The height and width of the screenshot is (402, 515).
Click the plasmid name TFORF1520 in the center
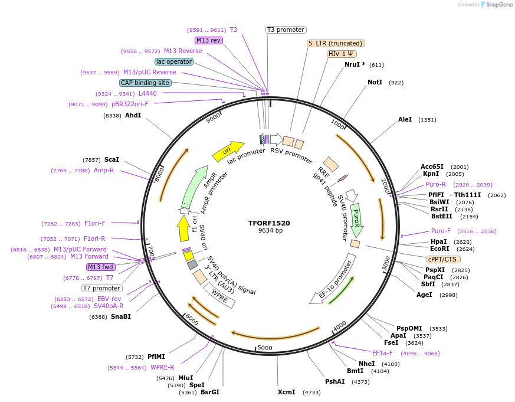pyautogui.click(x=269, y=223)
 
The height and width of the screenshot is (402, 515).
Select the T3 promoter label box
pyautogui.click(x=286, y=30)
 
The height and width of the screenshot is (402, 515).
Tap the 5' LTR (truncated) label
pyautogui.click(x=336, y=43)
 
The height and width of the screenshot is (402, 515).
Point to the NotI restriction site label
pyautogui.click(x=375, y=82)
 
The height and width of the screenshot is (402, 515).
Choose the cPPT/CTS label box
pyautogui.click(x=442, y=259)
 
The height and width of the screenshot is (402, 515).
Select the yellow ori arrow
pyautogui.click(x=229, y=151)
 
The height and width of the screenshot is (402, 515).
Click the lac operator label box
pyautogui.click(x=175, y=61)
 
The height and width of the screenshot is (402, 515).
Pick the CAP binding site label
pyautogui.click(x=146, y=83)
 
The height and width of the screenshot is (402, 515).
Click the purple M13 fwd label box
pyautogui.click(x=101, y=267)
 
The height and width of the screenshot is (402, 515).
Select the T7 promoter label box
pyautogui.click(x=102, y=288)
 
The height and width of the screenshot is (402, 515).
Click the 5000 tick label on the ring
pyautogui.click(x=265, y=348)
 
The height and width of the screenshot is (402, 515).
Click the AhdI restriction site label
pyautogui.click(x=133, y=115)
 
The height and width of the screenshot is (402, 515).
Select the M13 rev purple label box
pyautogui.click(x=209, y=40)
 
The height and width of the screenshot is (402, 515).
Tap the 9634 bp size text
pyautogui.click(x=270, y=231)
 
